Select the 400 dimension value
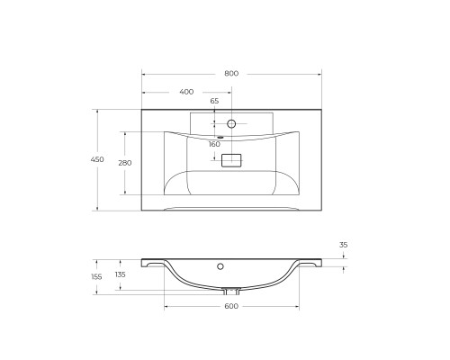(x=186, y=92)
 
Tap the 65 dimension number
(x=214, y=102)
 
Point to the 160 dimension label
(x=214, y=144)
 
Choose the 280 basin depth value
(x=124, y=163)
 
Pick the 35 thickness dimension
(x=343, y=244)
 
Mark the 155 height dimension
(x=97, y=276)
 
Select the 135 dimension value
(x=121, y=274)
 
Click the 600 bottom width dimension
(x=231, y=307)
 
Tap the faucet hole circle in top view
(x=231, y=123)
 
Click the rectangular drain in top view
(x=231, y=160)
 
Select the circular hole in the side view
(x=221, y=267)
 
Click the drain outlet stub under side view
(x=231, y=290)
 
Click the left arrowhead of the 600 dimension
(x=166, y=307)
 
